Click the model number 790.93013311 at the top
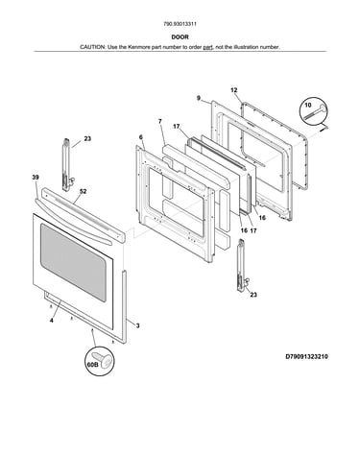pos(180,24)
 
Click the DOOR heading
pos(180,37)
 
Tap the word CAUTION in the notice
pos(92,47)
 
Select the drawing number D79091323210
pos(306,356)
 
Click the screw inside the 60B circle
pos(103,359)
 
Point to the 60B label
pos(92,365)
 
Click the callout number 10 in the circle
pos(308,105)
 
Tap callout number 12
pos(234,90)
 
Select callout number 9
pos(199,98)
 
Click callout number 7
pos(160,121)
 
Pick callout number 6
pos(141,137)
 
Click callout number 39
pos(36,178)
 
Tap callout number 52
pos(83,192)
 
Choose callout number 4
pos(52,320)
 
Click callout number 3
pos(137,326)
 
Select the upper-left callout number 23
pos(87,139)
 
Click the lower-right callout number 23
pos(253,295)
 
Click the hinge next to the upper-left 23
pos(66,165)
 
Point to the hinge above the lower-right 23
pos(241,266)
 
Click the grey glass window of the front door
pos(73,262)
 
